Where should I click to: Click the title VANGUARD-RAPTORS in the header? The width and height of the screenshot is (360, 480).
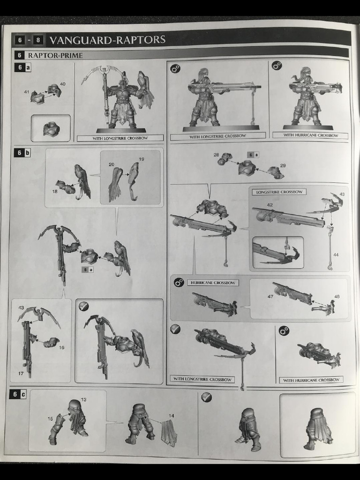(x=107, y=39)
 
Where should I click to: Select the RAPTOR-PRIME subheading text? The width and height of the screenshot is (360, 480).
(x=55, y=55)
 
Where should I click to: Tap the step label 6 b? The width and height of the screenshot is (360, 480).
(x=22, y=152)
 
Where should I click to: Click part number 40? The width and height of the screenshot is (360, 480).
(x=62, y=84)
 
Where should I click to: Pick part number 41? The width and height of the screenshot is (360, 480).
(x=27, y=91)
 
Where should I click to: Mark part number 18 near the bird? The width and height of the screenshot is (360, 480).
(x=55, y=191)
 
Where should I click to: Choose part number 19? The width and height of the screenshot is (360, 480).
(x=142, y=159)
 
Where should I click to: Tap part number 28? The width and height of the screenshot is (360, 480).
(x=217, y=155)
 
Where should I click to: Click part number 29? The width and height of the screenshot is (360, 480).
(x=283, y=165)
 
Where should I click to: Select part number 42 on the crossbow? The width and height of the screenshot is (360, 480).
(x=270, y=205)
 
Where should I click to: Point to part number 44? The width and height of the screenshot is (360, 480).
(x=336, y=255)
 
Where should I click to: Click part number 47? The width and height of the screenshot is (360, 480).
(x=270, y=296)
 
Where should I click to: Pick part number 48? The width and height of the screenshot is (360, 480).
(x=337, y=296)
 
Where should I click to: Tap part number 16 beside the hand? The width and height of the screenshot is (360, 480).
(x=61, y=347)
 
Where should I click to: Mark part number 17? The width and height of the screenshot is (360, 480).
(x=21, y=374)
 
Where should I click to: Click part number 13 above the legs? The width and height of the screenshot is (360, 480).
(x=83, y=399)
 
